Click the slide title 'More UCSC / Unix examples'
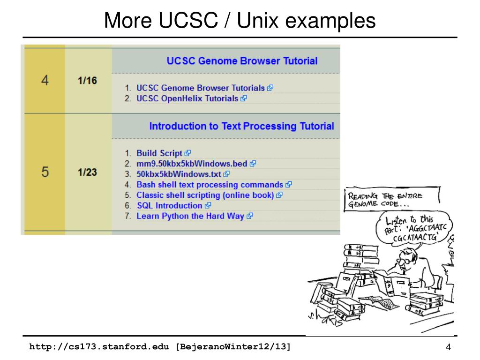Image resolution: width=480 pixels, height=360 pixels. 240,21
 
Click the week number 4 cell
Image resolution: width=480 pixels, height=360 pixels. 45,81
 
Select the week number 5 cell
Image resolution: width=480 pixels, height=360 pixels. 45,172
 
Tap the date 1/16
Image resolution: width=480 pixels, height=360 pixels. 87,81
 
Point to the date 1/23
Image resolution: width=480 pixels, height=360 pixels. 87,172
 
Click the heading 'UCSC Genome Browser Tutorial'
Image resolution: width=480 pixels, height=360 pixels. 242,61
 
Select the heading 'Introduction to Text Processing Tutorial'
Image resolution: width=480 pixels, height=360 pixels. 241,126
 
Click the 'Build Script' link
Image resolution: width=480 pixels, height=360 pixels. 159,153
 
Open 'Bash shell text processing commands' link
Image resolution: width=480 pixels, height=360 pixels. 210,185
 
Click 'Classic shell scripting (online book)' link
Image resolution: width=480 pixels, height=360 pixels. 205,195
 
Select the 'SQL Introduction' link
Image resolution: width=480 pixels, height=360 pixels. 169,206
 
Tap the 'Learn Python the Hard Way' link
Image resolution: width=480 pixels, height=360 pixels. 190,216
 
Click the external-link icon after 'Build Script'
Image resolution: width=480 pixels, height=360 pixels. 188,153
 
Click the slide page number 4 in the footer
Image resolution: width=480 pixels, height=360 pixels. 448,347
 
